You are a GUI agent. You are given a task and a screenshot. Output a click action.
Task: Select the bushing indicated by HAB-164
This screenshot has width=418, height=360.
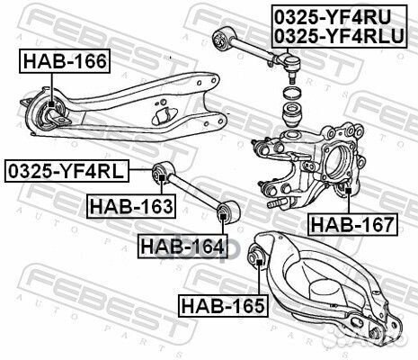click(x=226, y=213)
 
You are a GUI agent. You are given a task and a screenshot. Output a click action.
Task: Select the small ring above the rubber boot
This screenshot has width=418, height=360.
click(x=291, y=93)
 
